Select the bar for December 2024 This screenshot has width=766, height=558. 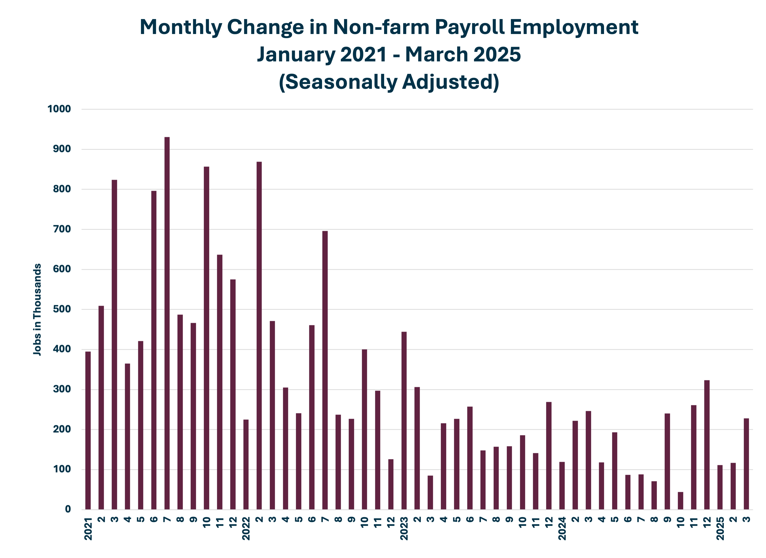707,445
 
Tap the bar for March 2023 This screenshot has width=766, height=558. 430,492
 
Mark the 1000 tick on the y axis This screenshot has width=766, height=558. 59,109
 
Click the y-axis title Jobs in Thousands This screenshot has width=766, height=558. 37,309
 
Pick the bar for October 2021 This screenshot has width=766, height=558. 206,338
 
